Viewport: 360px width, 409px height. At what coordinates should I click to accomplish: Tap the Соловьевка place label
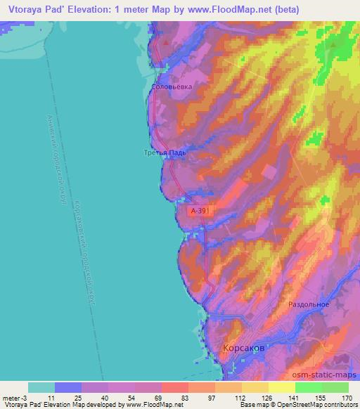[x=172, y=87]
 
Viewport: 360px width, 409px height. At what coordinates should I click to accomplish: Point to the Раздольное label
[x=309, y=304]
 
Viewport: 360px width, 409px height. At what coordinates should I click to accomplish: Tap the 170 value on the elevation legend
[x=347, y=398]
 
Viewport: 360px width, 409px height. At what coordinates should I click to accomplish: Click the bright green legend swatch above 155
[x=308, y=387]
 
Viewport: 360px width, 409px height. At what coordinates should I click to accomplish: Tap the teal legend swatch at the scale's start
[x=41, y=387]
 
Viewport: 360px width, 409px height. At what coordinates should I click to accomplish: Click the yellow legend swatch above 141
[x=281, y=387]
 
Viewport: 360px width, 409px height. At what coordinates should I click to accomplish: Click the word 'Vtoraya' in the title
[x=22, y=10]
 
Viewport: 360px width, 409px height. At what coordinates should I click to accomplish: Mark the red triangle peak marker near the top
[x=166, y=41]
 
